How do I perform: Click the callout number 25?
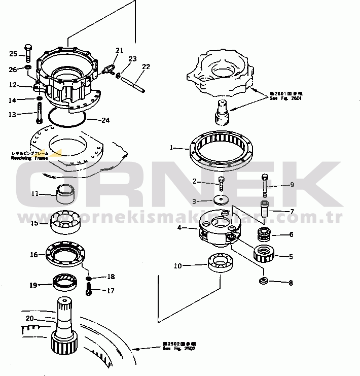[14, 53]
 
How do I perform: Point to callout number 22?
[146, 66]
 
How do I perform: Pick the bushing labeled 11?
[65, 192]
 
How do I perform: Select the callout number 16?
[33, 255]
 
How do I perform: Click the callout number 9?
[292, 185]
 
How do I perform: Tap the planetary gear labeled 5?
[264, 252]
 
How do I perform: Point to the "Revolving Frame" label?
[29, 158]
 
